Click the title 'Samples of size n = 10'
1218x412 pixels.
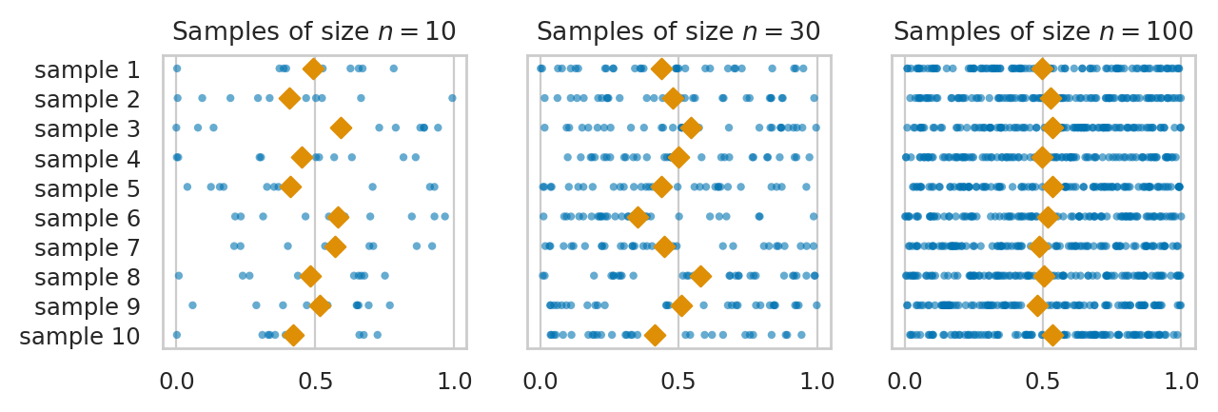[x=314, y=31]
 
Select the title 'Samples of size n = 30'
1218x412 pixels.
[x=678, y=31]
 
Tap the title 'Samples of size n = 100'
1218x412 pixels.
[x=1043, y=31]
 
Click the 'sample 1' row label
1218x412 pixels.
[x=88, y=69]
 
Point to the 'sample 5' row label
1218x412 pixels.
[x=88, y=188]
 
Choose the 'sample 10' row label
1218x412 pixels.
[x=80, y=337]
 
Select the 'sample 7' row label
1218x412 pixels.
[x=88, y=247]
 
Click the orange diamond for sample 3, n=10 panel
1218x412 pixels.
[x=341, y=128]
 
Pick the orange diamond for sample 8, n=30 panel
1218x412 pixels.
[x=700, y=277]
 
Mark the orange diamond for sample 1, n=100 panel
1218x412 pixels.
[x=1042, y=69]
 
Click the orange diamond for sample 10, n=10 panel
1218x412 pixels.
[x=294, y=336]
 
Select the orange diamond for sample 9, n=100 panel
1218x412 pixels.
[x=1037, y=306]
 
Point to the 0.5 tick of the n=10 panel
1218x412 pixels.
[x=315, y=383]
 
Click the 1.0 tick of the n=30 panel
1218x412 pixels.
[x=817, y=383]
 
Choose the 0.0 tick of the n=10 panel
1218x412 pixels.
[x=176, y=383]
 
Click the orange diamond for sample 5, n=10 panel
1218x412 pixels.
[x=291, y=187]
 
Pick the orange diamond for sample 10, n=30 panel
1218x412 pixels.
[x=655, y=336]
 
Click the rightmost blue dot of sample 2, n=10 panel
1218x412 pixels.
[x=452, y=98]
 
